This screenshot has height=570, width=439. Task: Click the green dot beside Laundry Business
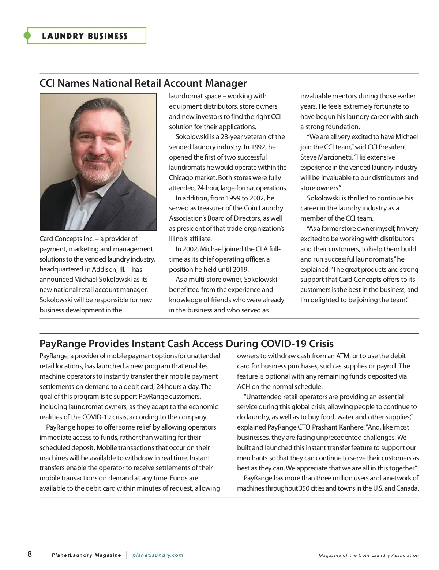(27, 35)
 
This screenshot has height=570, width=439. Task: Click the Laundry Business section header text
(85, 36)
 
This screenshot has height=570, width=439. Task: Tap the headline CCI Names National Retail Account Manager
(143, 83)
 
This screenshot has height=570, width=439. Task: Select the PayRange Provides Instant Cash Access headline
(186, 344)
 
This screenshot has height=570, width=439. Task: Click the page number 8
(30, 554)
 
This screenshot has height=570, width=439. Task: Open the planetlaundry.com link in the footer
(158, 555)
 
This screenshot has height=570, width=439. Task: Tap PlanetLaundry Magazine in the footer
(86, 555)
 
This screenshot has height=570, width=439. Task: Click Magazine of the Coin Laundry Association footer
(368, 555)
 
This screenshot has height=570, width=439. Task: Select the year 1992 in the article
(258, 147)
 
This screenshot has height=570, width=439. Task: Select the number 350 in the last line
(304, 488)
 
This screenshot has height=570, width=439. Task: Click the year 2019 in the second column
(240, 269)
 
